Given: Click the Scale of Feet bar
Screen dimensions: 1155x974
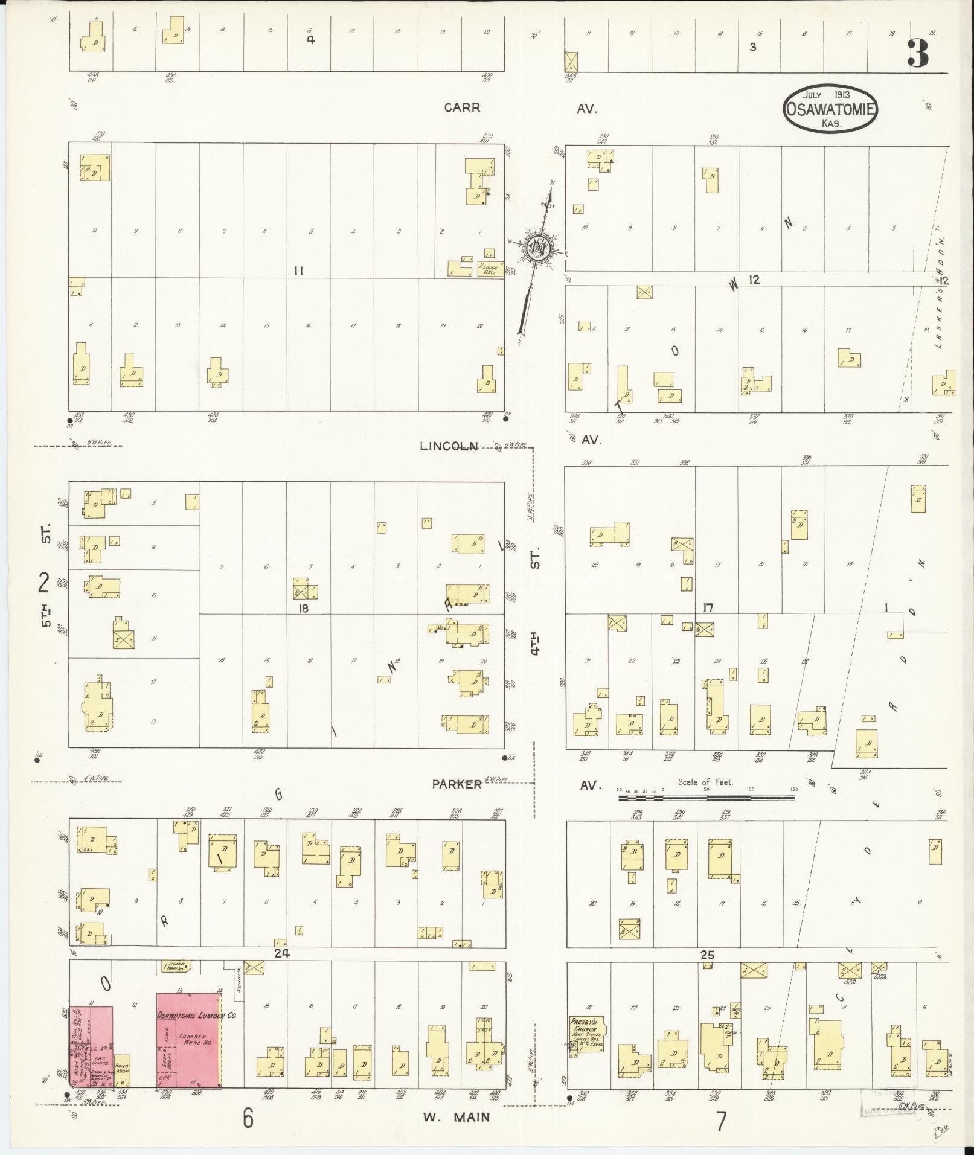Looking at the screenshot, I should (x=706, y=798).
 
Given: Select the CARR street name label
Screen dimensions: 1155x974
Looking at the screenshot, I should (x=462, y=107).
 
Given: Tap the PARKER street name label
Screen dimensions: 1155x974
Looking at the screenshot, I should (x=457, y=784).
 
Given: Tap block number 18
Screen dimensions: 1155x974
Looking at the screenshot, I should (x=303, y=609).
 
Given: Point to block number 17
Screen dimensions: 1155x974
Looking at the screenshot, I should (x=708, y=607).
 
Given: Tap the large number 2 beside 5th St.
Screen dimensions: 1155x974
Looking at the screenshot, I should (x=43, y=584).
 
